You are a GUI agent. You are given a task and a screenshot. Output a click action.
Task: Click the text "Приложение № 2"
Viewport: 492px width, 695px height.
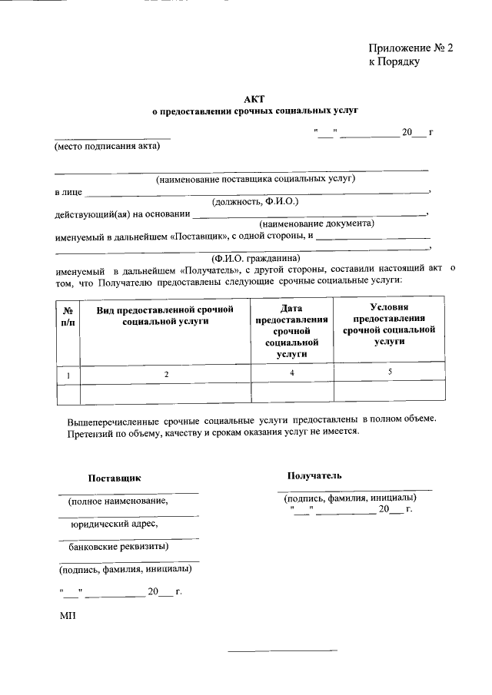(x=411, y=48)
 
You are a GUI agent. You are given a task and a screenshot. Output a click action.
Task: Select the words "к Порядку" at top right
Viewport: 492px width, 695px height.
(x=393, y=62)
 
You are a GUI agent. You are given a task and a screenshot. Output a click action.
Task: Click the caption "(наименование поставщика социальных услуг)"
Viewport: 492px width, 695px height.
(x=254, y=179)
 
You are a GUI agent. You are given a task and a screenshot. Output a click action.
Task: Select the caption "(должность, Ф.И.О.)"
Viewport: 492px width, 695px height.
(x=254, y=201)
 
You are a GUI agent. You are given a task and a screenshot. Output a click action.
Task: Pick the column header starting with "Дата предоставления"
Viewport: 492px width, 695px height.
(x=291, y=330)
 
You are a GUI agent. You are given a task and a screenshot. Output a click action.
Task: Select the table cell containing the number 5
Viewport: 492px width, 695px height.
(x=389, y=372)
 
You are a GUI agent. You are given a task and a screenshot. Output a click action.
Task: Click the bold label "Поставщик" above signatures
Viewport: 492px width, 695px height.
(x=115, y=478)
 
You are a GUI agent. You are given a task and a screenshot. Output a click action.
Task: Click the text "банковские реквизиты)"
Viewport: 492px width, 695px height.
(x=115, y=547)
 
